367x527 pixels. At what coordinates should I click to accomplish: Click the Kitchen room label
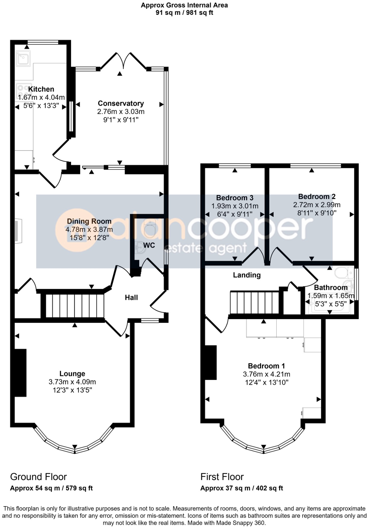coord(41,89)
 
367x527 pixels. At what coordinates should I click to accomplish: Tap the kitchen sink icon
coord(23,58)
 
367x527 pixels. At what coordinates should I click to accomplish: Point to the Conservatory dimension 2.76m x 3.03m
coord(121,112)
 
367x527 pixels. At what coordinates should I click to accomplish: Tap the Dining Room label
coord(89,221)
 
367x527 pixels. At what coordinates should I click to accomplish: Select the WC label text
coord(149,245)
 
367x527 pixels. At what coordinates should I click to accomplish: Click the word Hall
coord(131,298)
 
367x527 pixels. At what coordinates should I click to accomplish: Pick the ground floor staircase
coord(75,306)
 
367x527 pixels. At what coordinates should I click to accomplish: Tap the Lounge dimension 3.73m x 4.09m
coord(72,382)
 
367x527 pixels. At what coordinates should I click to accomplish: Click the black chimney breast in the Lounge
coord(20,373)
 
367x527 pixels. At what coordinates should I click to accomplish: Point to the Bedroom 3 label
coord(235,198)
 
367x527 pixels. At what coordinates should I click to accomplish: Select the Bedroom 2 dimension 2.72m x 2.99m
coord(317,205)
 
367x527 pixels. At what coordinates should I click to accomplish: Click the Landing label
coord(247,275)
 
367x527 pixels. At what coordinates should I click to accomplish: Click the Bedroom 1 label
coord(266,366)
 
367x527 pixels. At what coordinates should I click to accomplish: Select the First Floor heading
coord(222,477)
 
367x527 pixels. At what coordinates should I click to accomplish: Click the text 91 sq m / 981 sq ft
coord(184,13)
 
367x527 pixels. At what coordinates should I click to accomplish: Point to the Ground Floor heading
coord(38,477)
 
